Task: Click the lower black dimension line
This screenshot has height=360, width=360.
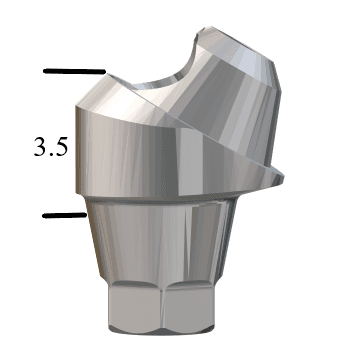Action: pos(66,213)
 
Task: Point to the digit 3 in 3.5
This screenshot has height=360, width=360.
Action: pos(41,149)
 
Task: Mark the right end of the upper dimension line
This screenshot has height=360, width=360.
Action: pos(104,72)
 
